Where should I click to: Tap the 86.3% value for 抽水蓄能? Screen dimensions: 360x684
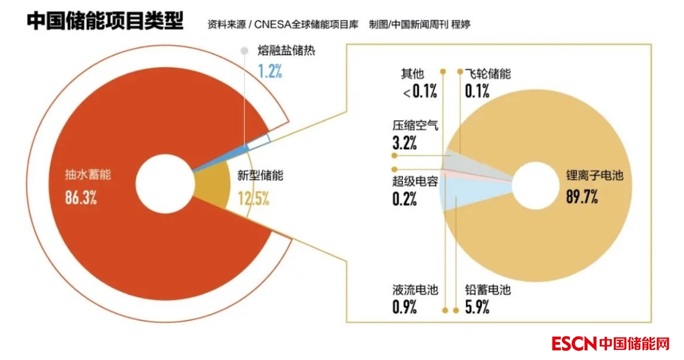81,199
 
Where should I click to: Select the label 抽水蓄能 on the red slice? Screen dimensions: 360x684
88,174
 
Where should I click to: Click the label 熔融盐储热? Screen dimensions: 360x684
286,51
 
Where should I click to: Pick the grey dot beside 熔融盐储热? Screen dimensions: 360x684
244,51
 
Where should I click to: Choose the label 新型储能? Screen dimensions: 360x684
260,175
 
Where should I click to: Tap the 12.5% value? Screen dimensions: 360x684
253,199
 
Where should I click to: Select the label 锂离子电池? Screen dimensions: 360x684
595,175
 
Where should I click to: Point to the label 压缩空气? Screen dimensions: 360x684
415,125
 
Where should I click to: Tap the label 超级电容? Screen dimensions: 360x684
415,182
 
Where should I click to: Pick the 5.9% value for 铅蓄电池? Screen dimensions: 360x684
477,308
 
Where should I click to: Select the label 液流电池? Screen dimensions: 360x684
415,290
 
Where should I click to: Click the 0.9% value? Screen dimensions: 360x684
404,308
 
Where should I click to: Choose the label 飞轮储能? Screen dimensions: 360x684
488,74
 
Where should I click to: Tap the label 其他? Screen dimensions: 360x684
412,74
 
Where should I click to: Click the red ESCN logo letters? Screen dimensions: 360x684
573,343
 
